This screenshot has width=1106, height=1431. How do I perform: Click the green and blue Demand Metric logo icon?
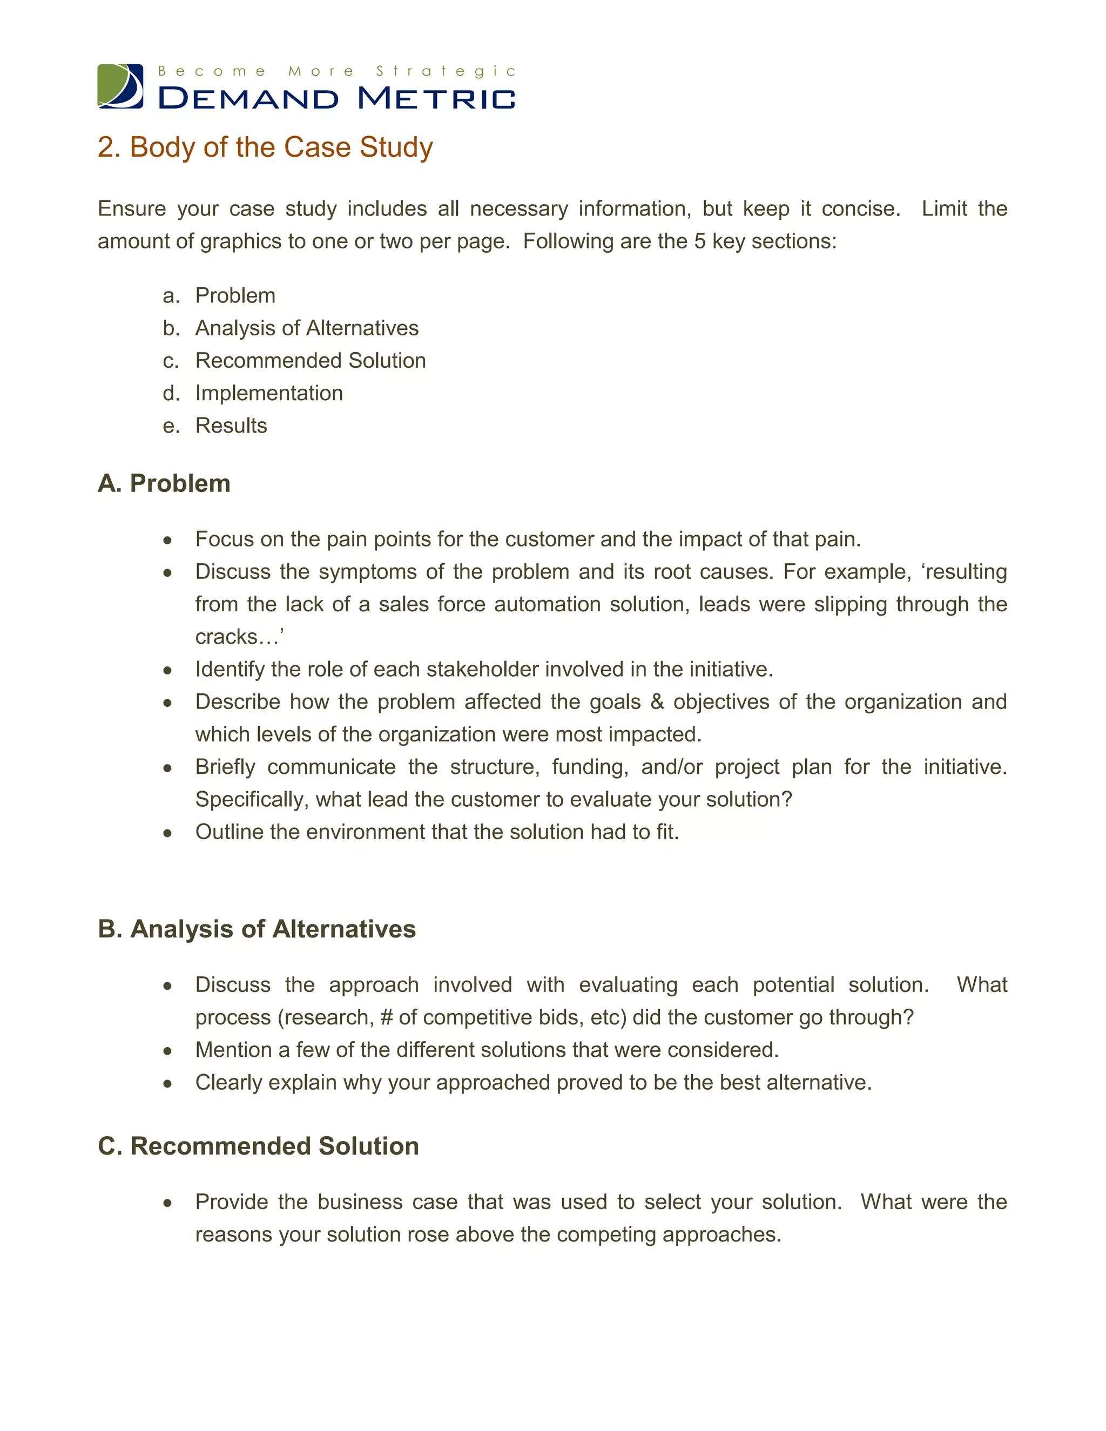click(x=120, y=86)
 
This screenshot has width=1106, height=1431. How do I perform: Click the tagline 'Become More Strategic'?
click(x=337, y=71)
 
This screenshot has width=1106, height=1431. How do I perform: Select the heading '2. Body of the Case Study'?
click(x=265, y=147)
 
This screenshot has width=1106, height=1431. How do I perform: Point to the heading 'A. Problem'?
click(x=164, y=483)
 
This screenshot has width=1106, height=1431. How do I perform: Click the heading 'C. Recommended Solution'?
click(x=258, y=1146)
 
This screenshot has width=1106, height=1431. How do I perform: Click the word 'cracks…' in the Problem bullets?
click(x=238, y=637)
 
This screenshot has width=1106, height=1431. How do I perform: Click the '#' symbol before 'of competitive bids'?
click(x=386, y=1017)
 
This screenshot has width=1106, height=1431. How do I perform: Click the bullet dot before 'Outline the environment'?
click(x=168, y=833)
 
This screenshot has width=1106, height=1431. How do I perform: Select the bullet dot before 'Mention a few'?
click(x=168, y=1051)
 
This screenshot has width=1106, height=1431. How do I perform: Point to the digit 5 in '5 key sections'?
click(x=699, y=242)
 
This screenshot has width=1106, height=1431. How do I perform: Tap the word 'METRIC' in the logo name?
click(x=436, y=99)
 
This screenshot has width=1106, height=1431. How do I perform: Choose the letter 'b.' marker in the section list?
click(x=171, y=328)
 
